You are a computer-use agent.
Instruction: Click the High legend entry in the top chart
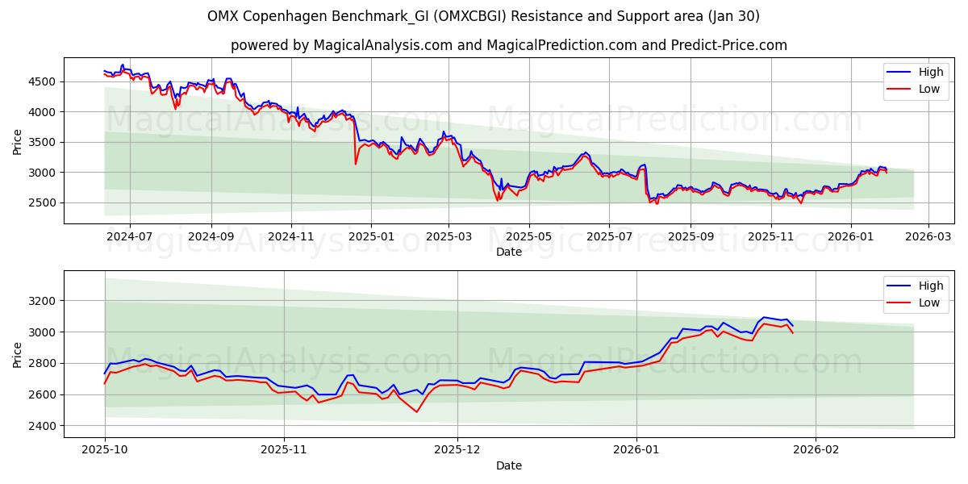click(x=930, y=72)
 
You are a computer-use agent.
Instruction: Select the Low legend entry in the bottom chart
click(x=928, y=302)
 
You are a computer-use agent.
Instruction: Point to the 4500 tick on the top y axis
click(x=44, y=81)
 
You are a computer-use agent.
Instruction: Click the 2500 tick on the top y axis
click(x=44, y=202)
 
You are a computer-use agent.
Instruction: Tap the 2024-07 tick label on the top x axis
click(x=130, y=237)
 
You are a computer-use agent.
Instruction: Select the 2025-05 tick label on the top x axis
click(x=529, y=237)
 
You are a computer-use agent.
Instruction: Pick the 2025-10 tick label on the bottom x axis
click(x=105, y=451)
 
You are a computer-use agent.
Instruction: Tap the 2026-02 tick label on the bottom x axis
click(x=816, y=451)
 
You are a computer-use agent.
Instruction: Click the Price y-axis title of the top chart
click(x=18, y=142)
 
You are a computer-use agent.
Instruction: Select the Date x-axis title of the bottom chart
click(x=508, y=465)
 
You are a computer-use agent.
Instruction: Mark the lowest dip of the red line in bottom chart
click(x=417, y=412)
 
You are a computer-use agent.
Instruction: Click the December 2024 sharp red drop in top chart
click(x=356, y=164)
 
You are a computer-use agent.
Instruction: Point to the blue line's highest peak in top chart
click(x=123, y=65)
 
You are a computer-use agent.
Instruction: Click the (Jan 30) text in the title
click(x=732, y=16)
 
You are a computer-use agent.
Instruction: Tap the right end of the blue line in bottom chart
click(x=792, y=325)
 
